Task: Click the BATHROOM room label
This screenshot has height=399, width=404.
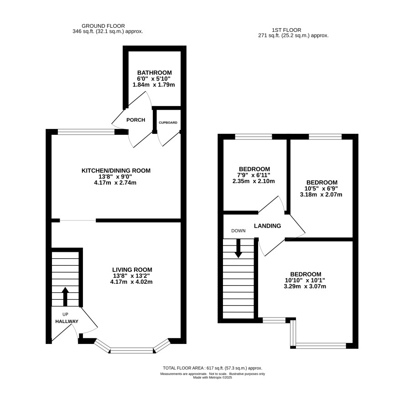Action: [x=154, y=72]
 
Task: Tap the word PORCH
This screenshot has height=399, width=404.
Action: [x=136, y=120]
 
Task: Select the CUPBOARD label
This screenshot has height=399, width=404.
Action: [x=168, y=123]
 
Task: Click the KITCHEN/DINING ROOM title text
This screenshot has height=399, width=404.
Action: [x=116, y=170]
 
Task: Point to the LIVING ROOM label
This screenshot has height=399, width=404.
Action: [x=132, y=270]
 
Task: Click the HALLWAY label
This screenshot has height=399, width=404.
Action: [x=67, y=321]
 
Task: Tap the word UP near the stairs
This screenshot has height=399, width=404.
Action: [x=66, y=314]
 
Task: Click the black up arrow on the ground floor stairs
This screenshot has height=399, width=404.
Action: [x=65, y=297]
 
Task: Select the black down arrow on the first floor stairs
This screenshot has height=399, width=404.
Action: [x=238, y=248]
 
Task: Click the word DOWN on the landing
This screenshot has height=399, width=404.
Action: [x=238, y=230]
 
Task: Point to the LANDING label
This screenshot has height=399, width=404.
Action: [x=268, y=226]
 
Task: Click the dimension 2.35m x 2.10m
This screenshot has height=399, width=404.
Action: [x=254, y=181]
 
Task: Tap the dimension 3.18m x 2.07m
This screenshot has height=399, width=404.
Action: [x=321, y=194]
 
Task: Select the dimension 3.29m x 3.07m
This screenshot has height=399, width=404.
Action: [x=305, y=286]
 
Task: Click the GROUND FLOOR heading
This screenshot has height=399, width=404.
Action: [x=103, y=26]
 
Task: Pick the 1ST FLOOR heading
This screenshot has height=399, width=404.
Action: [x=286, y=30]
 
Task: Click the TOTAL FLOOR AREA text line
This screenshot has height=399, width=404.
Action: [x=212, y=368]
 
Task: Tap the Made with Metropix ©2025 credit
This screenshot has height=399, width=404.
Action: [x=212, y=378]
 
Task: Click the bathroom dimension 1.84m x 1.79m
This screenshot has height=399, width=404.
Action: [x=154, y=85]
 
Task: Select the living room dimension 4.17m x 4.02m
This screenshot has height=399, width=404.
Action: [x=131, y=282]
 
